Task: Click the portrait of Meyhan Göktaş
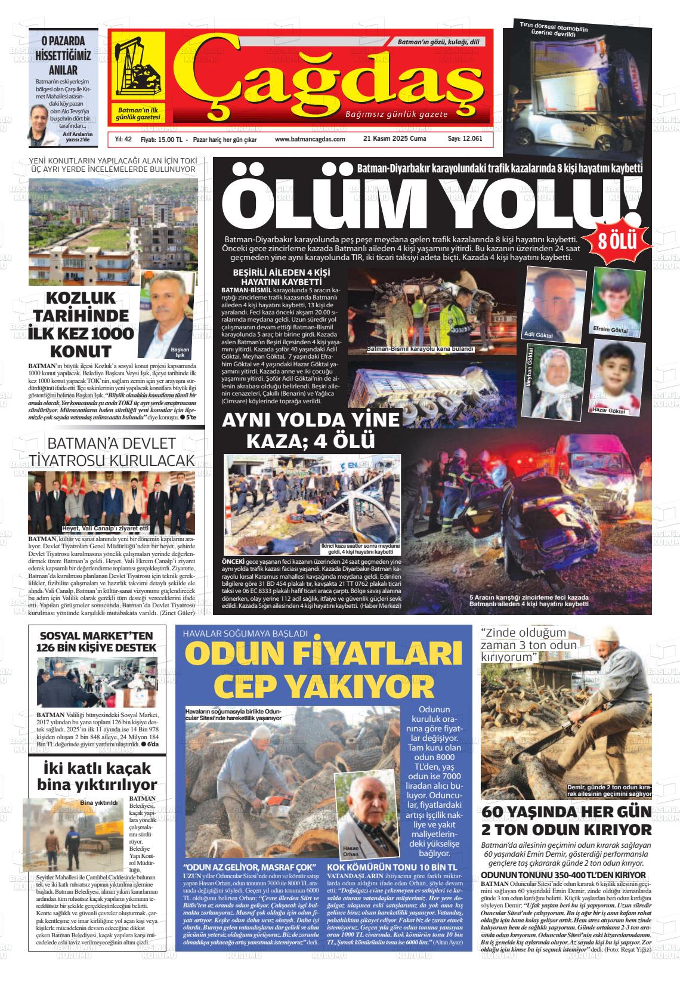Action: (561, 383)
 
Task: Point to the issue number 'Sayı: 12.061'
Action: (465, 139)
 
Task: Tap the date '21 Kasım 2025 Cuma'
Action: (394, 139)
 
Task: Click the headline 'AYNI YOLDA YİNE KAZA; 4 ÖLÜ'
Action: (310, 430)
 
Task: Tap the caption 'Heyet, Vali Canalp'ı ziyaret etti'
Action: (105, 529)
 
